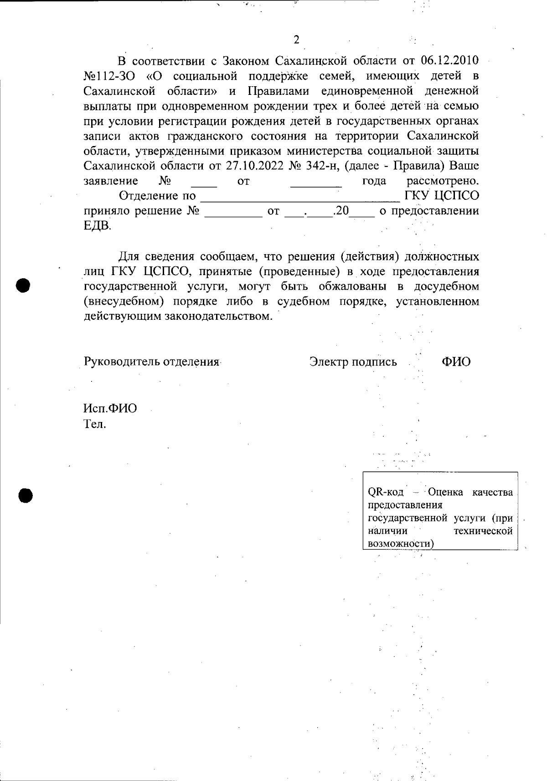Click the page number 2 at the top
coord(296,40)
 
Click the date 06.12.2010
coord(449,61)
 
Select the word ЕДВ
coord(97,226)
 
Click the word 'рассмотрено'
coord(442,181)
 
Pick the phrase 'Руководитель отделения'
coord(152,362)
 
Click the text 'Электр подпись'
coord(353,362)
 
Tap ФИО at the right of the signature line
coord(456,362)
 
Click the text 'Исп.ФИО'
coord(110,408)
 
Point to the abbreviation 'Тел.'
coord(95,424)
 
